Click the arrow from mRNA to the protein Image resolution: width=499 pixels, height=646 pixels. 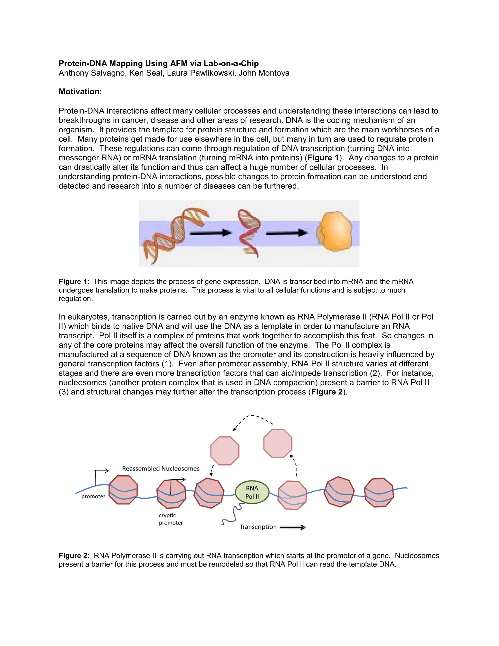[286, 233]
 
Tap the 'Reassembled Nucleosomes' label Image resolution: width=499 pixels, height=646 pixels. [161, 469]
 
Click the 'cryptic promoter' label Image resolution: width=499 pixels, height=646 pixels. [171, 519]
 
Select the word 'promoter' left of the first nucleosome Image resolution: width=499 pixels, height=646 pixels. [93, 496]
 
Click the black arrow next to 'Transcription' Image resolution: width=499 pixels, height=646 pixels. [292, 527]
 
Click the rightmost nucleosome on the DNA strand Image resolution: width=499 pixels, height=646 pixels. [379, 492]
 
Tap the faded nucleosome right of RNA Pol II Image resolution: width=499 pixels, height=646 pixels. [292, 495]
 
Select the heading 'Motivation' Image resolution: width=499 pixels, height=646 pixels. [79, 92]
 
